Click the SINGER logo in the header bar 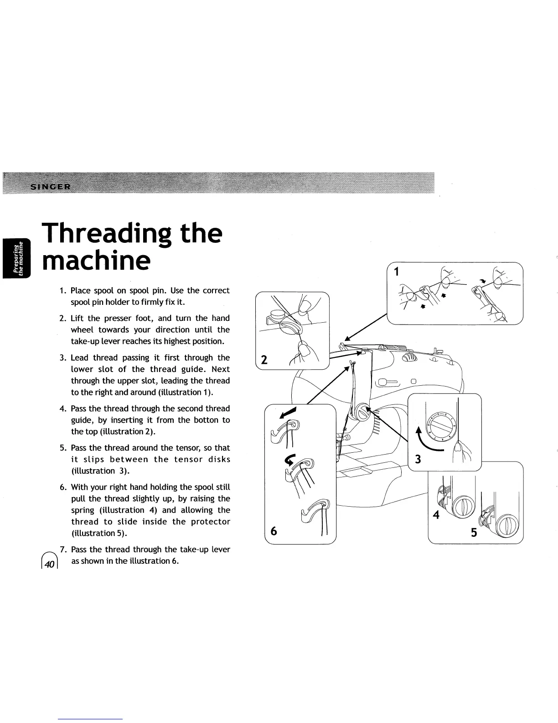(50, 186)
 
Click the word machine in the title (95, 261)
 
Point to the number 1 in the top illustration (396, 272)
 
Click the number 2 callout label (263, 361)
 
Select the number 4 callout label (436, 515)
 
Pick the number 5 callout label (474, 532)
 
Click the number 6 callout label (274, 531)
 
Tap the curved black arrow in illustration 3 (428, 441)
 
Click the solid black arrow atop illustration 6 (289, 412)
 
